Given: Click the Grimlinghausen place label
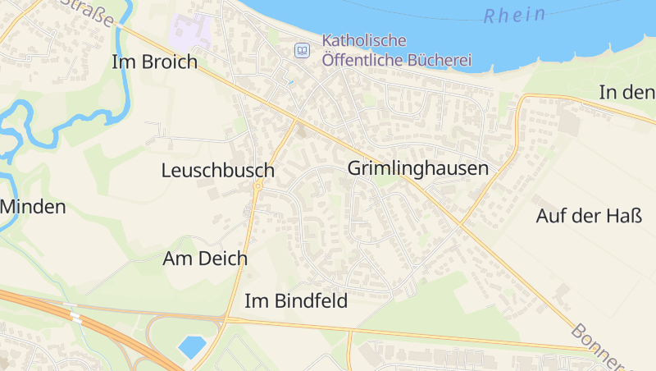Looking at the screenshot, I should point(417,169).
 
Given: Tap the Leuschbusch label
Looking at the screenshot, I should point(217,171).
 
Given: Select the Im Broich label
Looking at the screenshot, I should point(155,62).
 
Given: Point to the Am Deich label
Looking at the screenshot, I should point(205,259).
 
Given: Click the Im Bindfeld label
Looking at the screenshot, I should point(296,301).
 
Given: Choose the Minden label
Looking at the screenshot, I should point(33,207).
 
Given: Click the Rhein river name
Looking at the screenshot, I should point(515,15).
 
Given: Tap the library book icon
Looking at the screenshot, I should point(303,51).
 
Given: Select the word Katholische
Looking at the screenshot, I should point(364,40).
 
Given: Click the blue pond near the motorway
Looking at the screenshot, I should point(192,346).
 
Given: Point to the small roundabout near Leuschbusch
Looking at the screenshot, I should point(257,186).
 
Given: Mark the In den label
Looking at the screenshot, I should point(626,92).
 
